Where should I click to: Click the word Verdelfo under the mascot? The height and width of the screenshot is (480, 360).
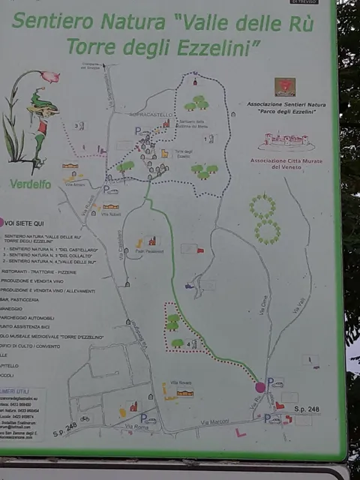(x=31, y=184)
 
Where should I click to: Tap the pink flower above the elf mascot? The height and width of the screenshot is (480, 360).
(x=49, y=76)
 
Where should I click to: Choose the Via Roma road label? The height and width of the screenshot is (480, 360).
(x=136, y=427)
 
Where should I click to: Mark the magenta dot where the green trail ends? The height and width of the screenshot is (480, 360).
(x=260, y=387)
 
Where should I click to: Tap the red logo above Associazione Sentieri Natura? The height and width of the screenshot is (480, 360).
(x=285, y=86)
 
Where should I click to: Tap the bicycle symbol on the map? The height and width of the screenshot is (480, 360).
(x=85, y=419)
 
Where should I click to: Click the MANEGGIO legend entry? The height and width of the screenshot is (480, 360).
(x=13, y=307)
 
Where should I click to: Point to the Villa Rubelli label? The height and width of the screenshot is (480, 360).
(x=111, y=214)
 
